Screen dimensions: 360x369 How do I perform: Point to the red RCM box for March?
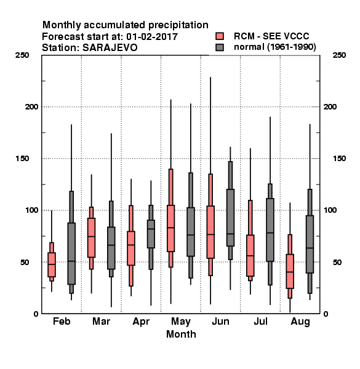pyautogui.click(x=91, y=237)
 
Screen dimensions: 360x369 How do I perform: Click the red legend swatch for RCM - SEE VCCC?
pyautogui.click(x=220, y=36)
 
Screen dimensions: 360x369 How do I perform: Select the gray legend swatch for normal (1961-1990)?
pyautogui.click(x=220, y=47)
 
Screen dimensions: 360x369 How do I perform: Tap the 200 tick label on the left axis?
pyautogui.click(x=31, y=106)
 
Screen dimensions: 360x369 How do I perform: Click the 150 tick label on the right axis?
pyautogui.click(x=339, y=159)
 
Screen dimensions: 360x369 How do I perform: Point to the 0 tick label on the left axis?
pyautogui.click(x=36, y=314)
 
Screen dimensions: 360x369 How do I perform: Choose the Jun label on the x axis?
pyautogui.click(x=220, y=321)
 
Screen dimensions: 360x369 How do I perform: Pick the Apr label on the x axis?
pyautogui.click(x=141, y=322)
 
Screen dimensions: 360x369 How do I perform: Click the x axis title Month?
pyautogui.click(x=181, y=334)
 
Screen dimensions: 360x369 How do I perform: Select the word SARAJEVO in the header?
pyautogui.click(x=110, y=47)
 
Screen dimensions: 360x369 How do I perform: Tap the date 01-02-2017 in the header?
pyautogui.click(x=152, y=36)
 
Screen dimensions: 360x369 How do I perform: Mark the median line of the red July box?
pyautogui.click(x=250, y=256)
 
